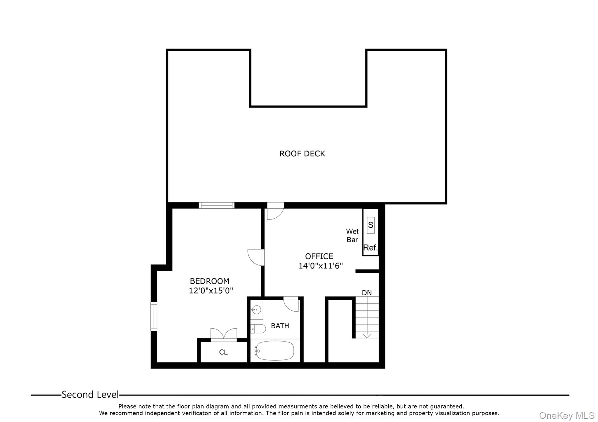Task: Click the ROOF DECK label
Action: pos(302,154)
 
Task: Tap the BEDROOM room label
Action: pos(209,281)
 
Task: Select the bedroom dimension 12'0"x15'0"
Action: pos(211,291)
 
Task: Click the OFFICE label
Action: pos(319,256)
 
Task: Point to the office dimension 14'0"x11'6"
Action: pos(320,266)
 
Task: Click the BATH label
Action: pos(280,326)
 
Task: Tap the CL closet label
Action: pos(223,352)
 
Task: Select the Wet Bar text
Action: pos(352,236)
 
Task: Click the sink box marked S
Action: pos(371,225)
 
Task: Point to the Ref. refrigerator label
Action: pos(370,248)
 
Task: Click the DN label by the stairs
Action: pos(367,293)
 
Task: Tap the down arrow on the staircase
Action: pos(367,335)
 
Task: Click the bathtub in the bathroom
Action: pos(274,350)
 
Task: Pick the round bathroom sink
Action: pos(256,309)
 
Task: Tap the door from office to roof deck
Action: pos(275,211)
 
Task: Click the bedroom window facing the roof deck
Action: pos(216,205)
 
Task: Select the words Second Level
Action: pos(90,395)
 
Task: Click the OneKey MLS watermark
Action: pos(566,415)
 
